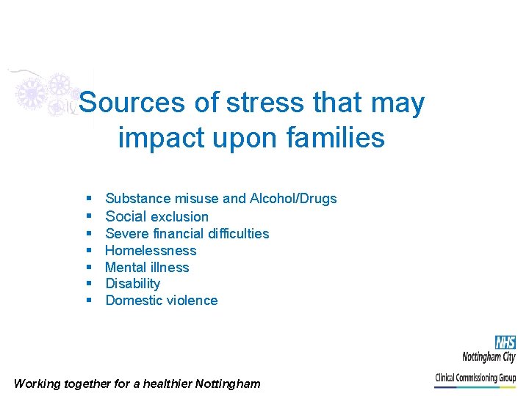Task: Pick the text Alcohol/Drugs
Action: pos(293,198)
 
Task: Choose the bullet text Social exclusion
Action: pos(157,216)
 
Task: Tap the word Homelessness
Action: pos(151,250)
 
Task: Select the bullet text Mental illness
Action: pos(148,267)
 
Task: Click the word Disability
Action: pos(133,283)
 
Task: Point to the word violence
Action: pos(193,300)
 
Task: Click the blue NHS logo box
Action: pos(505,342)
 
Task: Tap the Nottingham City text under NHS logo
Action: pos(489,357)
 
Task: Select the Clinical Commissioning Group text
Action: pos(475,378)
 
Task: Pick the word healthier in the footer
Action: pos(165,383)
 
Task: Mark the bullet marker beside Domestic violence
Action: pos(88,300)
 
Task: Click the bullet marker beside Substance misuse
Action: pos(88,198)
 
